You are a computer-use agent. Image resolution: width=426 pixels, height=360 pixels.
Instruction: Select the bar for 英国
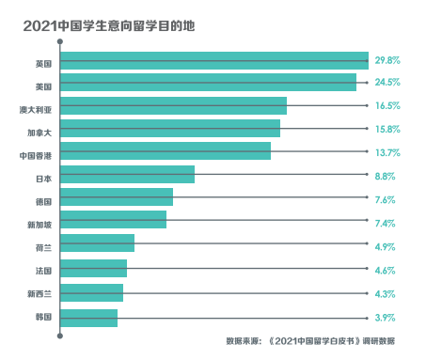click(x=214, y=61)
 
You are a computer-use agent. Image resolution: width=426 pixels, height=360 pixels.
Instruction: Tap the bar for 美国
click(x=208, y=84)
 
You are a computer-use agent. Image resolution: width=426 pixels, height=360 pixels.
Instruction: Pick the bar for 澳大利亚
click(x=173, y=106)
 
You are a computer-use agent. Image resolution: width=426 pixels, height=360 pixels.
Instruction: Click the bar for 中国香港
click(x=166, y=151)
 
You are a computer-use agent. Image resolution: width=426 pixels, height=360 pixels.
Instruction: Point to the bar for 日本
click(x=127, y=175)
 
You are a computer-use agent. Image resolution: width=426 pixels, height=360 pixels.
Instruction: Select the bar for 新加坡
click(x=113, y=220)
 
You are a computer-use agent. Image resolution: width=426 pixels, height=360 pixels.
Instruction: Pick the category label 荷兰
click(x=43, y=248)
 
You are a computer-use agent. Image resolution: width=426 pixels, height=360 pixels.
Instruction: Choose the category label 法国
click(x=43, y=271)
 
